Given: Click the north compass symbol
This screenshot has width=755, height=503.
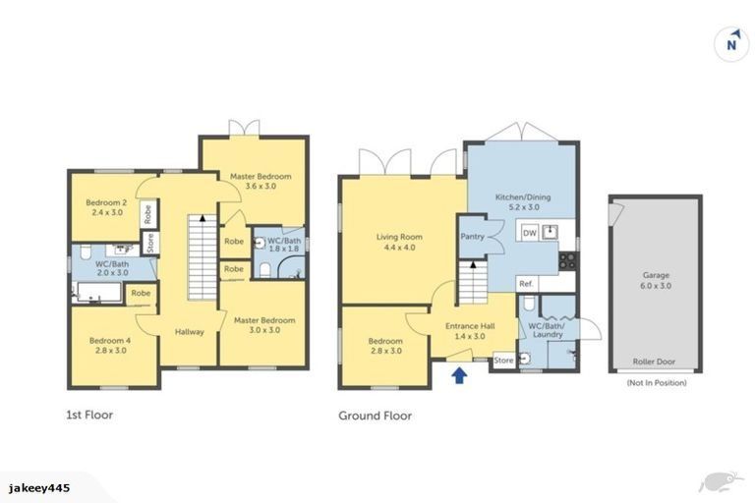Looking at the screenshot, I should coord(730,42).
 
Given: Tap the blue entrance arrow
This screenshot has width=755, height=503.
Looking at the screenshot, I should coord(457,374).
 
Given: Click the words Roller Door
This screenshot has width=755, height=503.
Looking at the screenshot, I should coord(656,362).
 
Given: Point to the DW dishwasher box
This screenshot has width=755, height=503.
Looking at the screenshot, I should coord(529,233).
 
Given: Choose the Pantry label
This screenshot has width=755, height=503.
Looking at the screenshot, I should coord(474,237).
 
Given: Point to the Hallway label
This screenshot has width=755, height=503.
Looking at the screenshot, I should coord(190,332).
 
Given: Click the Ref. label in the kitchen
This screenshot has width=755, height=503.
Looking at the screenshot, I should coord(526,284).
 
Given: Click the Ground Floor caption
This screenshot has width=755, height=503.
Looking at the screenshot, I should coord(375,416).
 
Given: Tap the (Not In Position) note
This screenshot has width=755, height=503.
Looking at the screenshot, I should coord(656,383).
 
